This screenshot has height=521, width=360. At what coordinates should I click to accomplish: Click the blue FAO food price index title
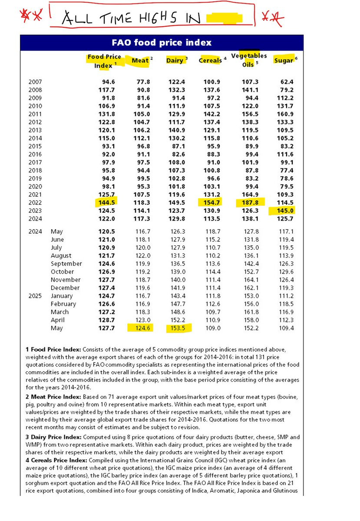(162, 43)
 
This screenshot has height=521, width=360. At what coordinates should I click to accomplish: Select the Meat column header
(140, 61)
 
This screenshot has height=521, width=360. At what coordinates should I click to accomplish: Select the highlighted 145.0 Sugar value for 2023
(284, 211)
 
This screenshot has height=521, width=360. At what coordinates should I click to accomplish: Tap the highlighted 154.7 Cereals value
(210, 203)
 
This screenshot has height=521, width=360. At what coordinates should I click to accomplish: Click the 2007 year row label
(35, 82)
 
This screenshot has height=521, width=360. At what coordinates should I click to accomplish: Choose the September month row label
(66, 264)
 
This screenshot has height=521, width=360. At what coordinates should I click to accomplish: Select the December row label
(66, 288)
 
